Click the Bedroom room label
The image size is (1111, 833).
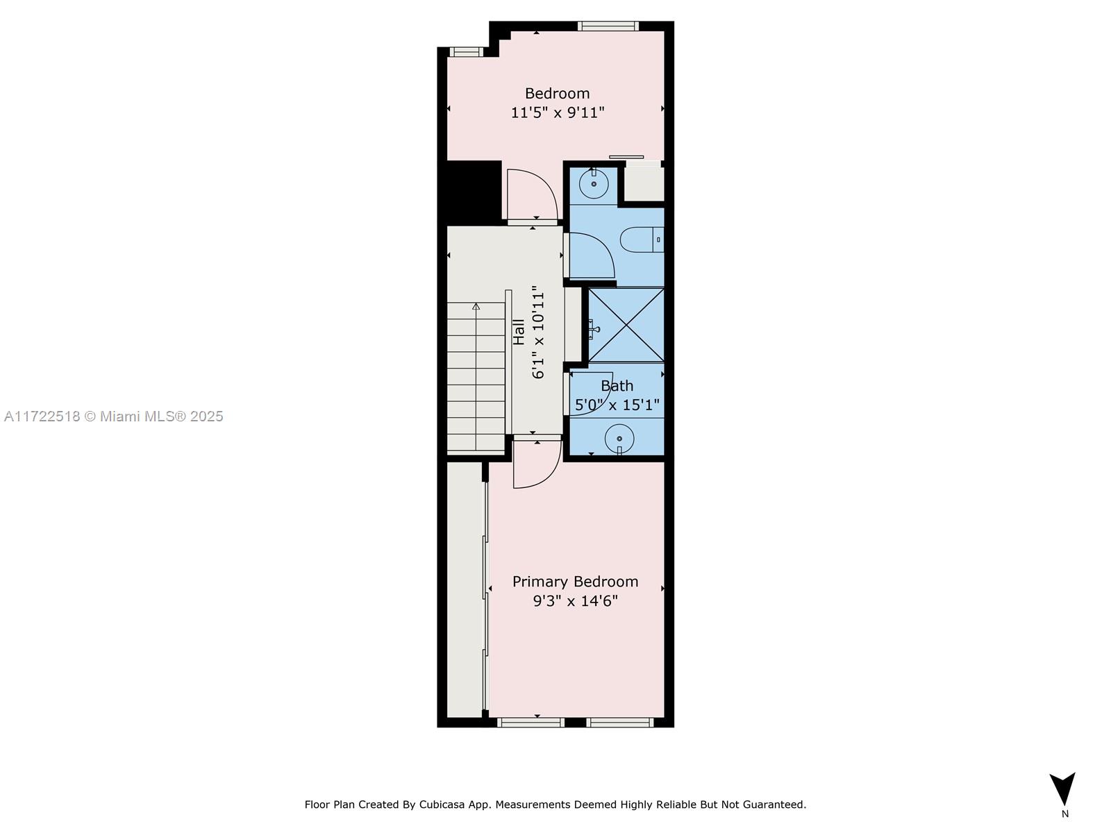(557, 94)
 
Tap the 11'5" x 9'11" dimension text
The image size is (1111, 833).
(558, 112)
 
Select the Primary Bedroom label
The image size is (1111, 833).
(575, 582)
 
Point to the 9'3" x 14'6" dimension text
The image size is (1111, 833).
(576, 601)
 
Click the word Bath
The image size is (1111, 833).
(617, 386)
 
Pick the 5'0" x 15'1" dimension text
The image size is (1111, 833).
(617, 405)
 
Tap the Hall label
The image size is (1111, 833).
(519, 332)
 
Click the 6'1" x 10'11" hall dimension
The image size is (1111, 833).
(537, 332)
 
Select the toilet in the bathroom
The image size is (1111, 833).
(642, 239)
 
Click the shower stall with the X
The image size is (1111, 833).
(626, 325)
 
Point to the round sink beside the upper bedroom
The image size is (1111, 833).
(593, 184)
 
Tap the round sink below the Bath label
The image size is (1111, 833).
(619, 439)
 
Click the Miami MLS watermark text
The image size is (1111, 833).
(113, 416)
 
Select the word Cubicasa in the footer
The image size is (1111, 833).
(442, 805)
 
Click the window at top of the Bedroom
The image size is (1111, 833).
(608, 26)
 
